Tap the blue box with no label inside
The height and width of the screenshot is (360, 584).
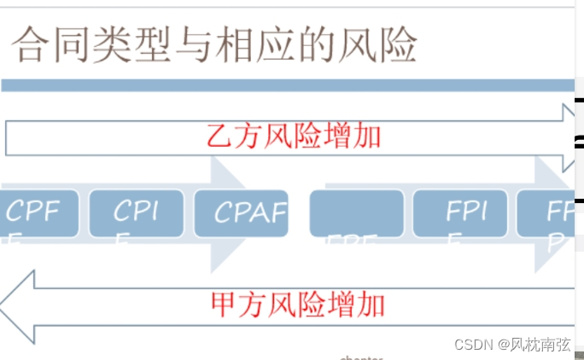356,213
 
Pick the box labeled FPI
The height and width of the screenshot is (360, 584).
459,213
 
